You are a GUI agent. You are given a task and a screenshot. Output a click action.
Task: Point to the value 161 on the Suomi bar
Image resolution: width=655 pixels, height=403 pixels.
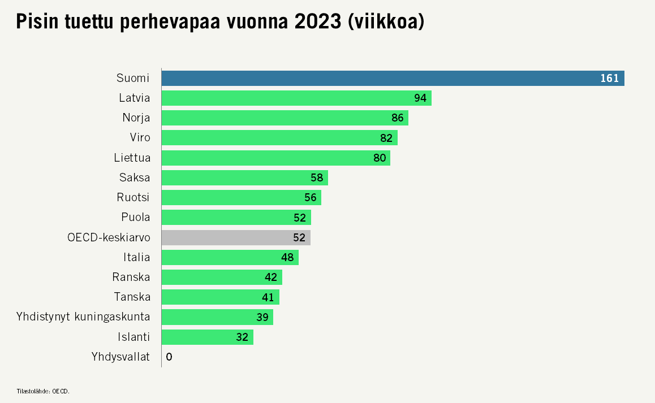609,78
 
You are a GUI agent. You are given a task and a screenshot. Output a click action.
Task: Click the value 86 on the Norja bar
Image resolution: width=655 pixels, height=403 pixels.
398,118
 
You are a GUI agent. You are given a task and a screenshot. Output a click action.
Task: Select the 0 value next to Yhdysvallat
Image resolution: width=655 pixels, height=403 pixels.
169,357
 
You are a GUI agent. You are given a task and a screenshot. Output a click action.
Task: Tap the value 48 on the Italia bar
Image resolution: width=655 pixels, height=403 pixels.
287,257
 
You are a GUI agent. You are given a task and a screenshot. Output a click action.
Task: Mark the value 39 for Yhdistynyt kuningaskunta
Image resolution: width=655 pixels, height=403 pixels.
262,317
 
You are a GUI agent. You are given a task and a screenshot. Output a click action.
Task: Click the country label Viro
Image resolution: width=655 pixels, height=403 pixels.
140,138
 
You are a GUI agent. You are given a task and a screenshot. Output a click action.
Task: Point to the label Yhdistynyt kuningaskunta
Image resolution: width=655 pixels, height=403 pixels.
84,317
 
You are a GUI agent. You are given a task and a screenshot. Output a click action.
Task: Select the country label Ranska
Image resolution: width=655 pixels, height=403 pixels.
131,277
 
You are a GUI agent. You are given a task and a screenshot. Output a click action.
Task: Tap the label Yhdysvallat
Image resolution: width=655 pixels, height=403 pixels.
120,357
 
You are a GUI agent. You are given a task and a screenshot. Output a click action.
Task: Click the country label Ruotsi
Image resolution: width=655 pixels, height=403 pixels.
133,197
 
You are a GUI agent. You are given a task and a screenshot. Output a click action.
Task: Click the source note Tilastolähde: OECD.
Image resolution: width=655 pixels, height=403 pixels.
43,391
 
